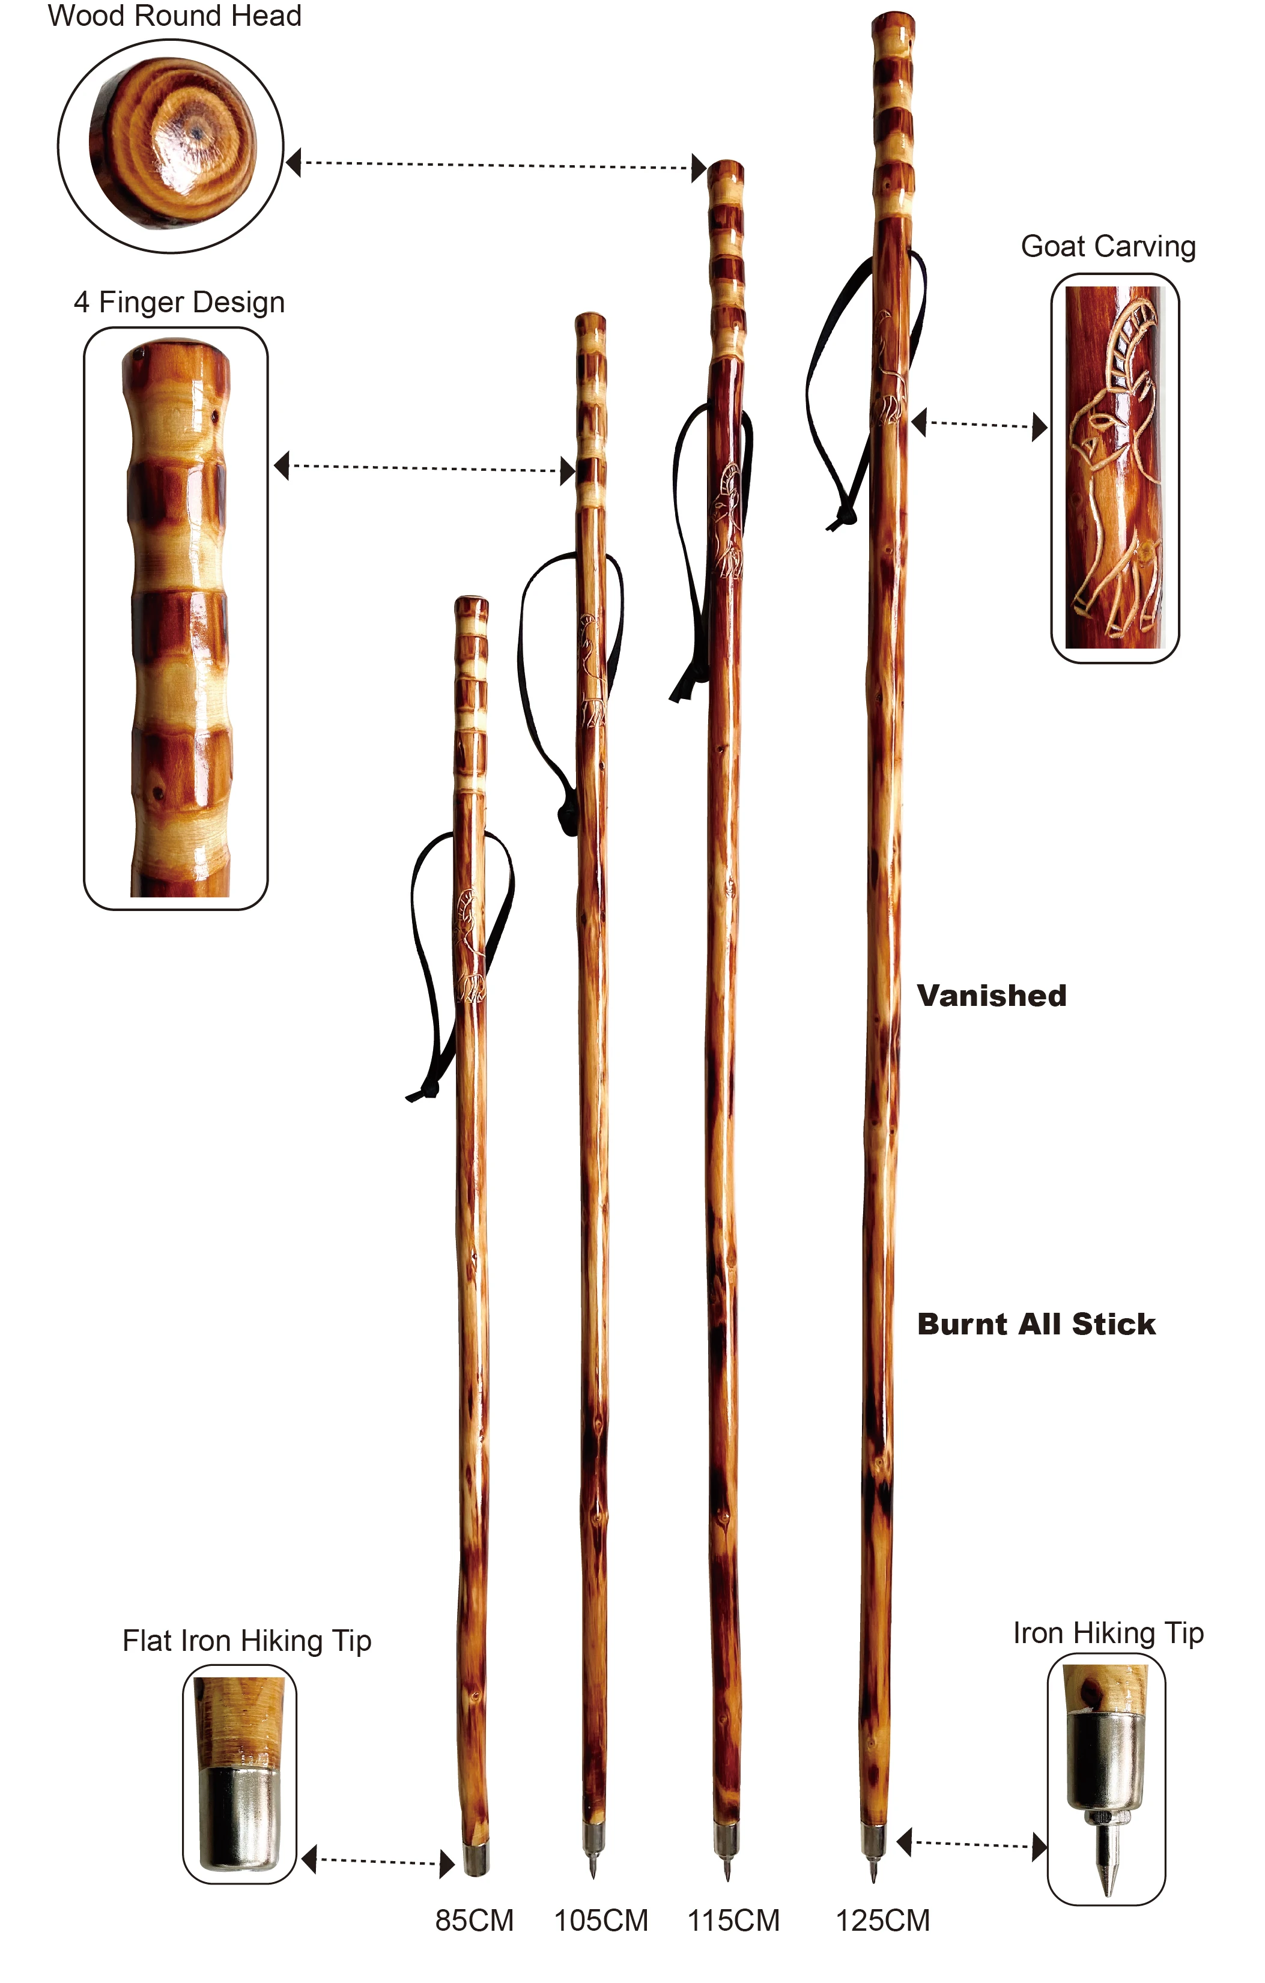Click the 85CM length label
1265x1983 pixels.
[x=475, y=1921]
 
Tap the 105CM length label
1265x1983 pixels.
[x=601, y=1921]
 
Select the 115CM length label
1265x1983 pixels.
[x=733, y=1921]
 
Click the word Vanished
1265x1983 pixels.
[x=992, y=996]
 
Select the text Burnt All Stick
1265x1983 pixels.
[x=1036, y=1324]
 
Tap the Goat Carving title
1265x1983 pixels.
[x=1108, y=246]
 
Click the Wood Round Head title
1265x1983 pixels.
[x=175, y=16]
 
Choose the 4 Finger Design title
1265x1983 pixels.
[x=179, y=302]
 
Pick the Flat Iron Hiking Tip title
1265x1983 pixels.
[x=247, y=1641]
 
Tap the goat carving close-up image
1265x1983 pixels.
[x=1114, y=468]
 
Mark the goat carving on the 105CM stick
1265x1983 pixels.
[x=590, y=671]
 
